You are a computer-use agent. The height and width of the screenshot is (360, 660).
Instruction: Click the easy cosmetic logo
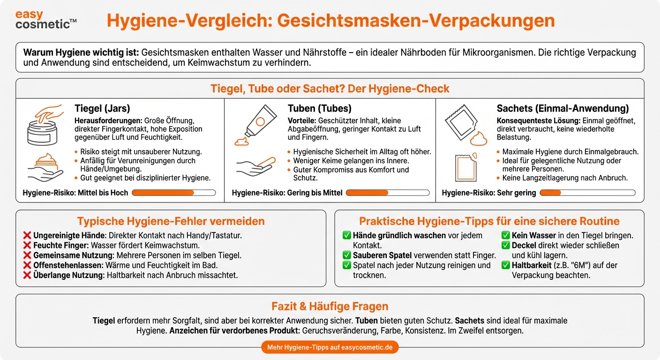(x=45, y=20)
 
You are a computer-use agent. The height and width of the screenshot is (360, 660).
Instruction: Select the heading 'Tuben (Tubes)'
(x=319, y=109)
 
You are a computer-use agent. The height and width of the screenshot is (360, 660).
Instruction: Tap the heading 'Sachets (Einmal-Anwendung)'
(x=562, y=109)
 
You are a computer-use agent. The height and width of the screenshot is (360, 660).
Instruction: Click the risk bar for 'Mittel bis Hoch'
(x=173, y=193)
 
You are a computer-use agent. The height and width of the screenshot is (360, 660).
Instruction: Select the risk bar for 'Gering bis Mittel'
(x=387, y=193)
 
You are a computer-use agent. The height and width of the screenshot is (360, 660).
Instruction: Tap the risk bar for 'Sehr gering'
(x=587, y=193)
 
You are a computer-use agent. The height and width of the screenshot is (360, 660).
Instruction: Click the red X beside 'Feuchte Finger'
(x=27, y=246)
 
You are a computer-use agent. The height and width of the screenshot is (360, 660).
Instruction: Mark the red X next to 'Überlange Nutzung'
(x=27, y=275)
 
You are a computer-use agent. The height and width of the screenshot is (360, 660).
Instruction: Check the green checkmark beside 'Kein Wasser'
(x=506, y=235)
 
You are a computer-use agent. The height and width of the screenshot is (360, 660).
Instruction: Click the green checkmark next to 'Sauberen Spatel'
(x=347, y=255)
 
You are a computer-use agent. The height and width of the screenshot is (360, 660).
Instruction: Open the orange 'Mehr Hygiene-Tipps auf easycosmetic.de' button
(x=330, y=347)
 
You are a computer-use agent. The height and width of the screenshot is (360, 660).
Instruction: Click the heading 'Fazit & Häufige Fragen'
(x=330, y=307)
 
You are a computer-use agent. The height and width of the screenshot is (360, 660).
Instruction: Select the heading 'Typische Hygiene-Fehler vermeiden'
(x=171, y=221)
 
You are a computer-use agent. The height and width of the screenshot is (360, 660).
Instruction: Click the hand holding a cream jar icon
(x=45, y=167)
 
